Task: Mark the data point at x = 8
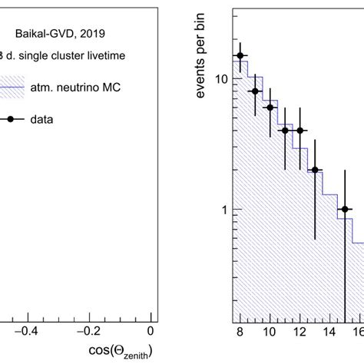pos(240,55)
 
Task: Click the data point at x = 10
pos(270,108)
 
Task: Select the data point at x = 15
pos(345,210)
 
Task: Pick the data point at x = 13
pos(315,170)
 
